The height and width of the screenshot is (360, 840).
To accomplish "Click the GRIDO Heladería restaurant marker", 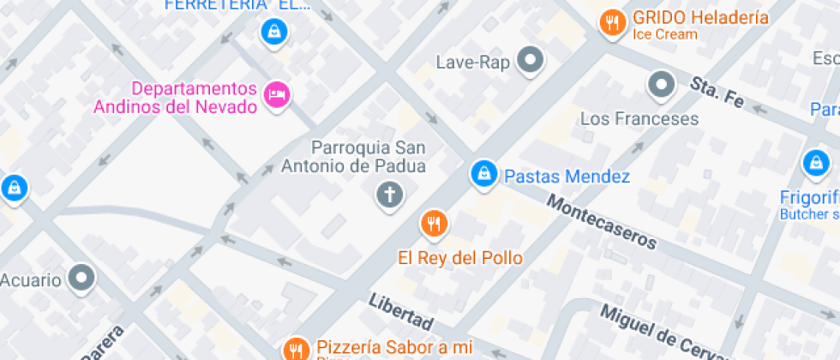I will coord(611,23).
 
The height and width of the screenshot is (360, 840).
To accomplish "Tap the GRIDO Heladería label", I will coord(701,18).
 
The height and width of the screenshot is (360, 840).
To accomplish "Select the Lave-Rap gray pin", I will coord(532,61).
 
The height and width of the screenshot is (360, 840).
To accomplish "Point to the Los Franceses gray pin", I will coord(661,84).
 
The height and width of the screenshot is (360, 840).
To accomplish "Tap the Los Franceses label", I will coord(639,118).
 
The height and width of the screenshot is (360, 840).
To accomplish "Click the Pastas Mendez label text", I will coord(567,177).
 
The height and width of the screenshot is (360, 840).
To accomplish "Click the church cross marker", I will coord(390,194).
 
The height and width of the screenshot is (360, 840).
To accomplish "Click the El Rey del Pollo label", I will coord(459,257).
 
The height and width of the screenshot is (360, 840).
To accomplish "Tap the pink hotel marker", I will coord(276,94).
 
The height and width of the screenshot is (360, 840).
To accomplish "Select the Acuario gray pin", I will coord(82,277).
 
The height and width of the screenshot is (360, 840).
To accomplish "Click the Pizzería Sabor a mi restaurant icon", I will coord(296,348).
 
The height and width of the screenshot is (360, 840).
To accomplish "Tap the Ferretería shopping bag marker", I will coord(273,33).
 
